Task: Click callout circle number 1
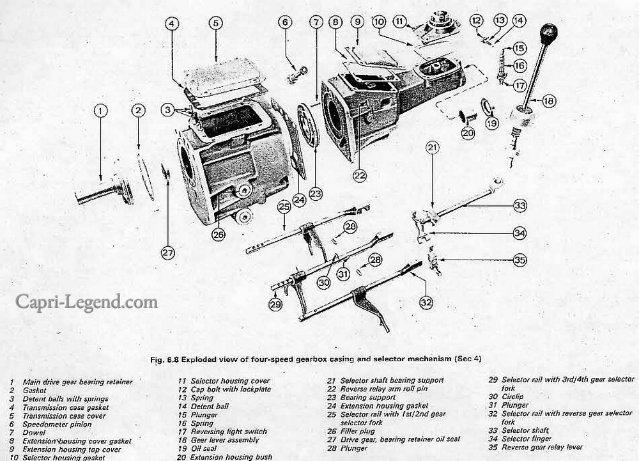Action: pyautogui.click(x=100, y=111)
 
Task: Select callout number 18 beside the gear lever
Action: pyautogui.click(x=548, y=100)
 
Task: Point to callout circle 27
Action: pyautogui.click(x=167, y=253)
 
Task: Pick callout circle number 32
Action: pyautogui.click(x=426, y=301)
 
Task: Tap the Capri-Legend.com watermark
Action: pyautogui.click(x=87, y=301)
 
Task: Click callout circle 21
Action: pyautogui.click(x=433, y=149)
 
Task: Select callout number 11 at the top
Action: pyautogui.click(x=401, y=22)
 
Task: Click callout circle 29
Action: pyautogui.click(x=275, y=305)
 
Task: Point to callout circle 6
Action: pyautogui.click(x=285, y=22)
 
